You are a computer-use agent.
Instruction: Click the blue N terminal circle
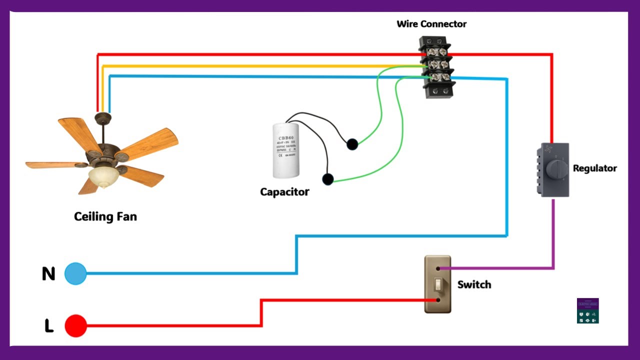coord(75,273)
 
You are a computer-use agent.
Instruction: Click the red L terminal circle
coord(75,325)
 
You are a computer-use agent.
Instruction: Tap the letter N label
coord(48,274)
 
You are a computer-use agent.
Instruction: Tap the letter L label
coord(49,326)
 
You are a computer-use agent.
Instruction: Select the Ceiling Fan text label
coord(105,216)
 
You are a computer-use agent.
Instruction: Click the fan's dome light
coord(102,176)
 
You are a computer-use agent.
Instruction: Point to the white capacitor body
coord(286,150)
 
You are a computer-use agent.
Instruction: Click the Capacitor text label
coord(284,191)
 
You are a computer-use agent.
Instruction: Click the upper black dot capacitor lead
coord(352,144)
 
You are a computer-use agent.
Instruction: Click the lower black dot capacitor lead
coord(327,179)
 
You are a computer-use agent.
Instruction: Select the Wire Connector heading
coord(431,24)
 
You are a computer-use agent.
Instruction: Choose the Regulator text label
coord(594,168)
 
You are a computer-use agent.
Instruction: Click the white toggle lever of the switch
coord(437,284)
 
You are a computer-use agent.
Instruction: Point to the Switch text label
coord(474,284)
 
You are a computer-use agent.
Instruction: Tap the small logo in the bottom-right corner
coord(587,310)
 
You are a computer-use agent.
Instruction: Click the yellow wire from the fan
coord(250,65)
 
